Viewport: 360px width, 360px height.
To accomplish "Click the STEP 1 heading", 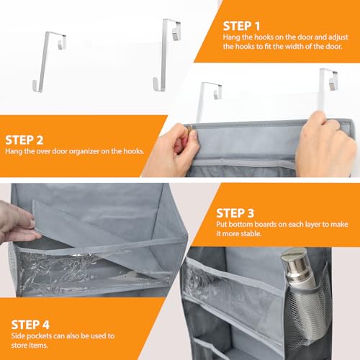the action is point(241,26).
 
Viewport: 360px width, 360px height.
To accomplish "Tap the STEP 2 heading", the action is point(24,140).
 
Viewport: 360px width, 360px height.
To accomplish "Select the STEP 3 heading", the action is point(235,213).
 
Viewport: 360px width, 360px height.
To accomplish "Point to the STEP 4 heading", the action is point(30,325).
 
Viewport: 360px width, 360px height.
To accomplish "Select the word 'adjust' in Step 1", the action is point(338,37).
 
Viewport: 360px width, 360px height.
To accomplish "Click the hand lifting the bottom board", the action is point(17,224).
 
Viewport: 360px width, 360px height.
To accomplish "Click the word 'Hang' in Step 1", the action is point(230,37).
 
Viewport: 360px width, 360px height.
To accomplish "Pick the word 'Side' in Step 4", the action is point(17,336).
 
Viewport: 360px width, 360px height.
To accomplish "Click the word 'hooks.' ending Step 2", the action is point(134,151).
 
